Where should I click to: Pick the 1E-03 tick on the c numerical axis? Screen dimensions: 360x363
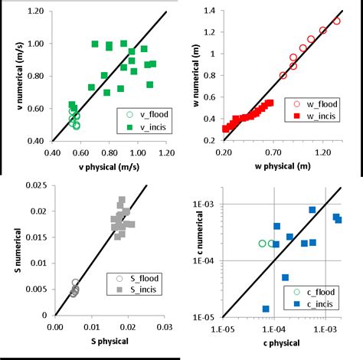[x=208, y=205]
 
